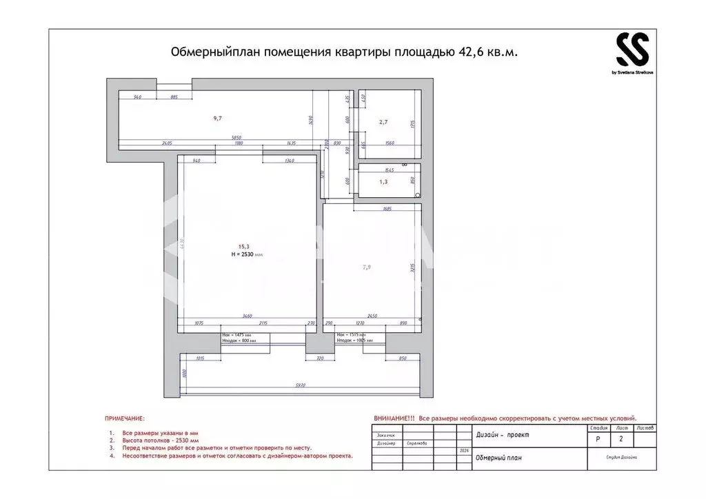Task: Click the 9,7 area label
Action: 217,119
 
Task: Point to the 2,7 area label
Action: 383,122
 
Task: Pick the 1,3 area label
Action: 383,183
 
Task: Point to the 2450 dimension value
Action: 373,316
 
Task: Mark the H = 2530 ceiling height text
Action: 247,254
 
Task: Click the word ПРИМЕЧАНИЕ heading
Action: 125,418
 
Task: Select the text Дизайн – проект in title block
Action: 501,434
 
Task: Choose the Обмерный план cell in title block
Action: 498,458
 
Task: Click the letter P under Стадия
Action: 597,438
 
